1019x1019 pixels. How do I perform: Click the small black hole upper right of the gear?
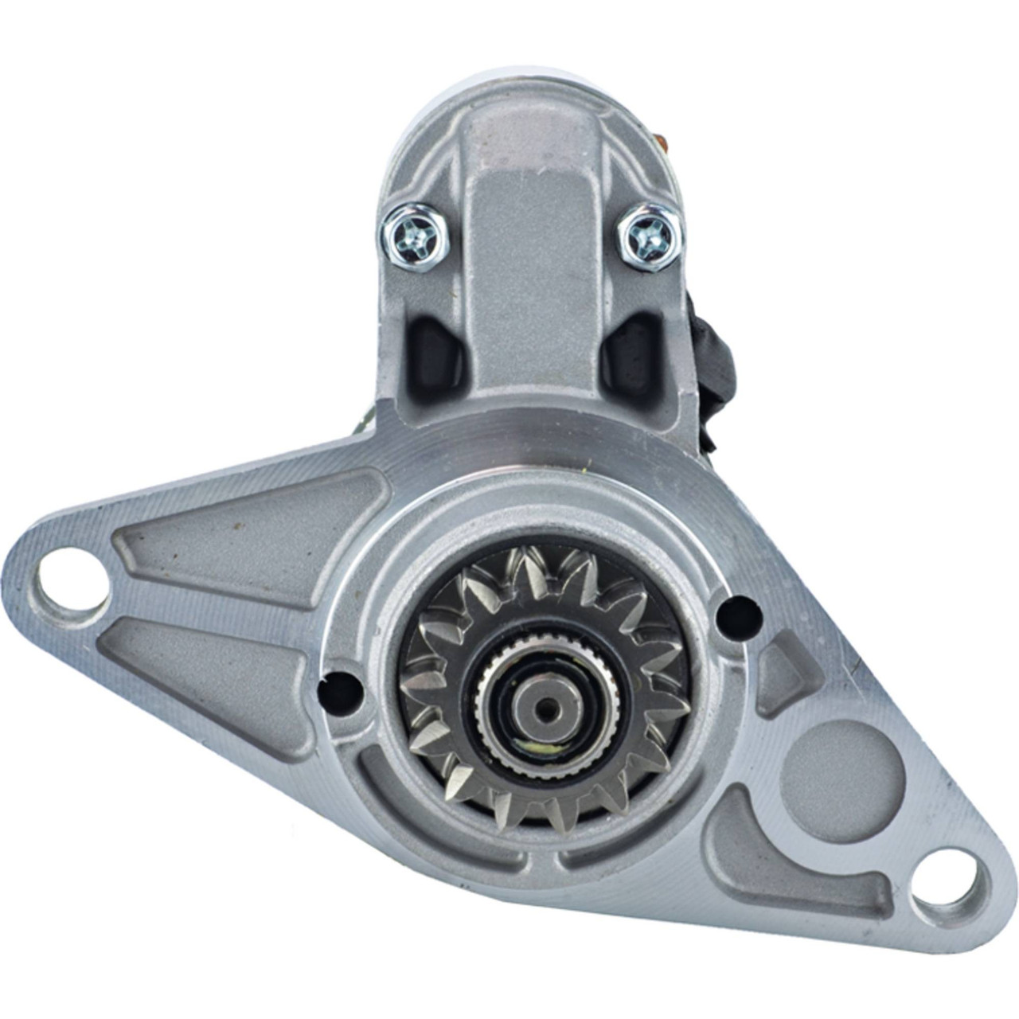[x=738, y=615]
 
